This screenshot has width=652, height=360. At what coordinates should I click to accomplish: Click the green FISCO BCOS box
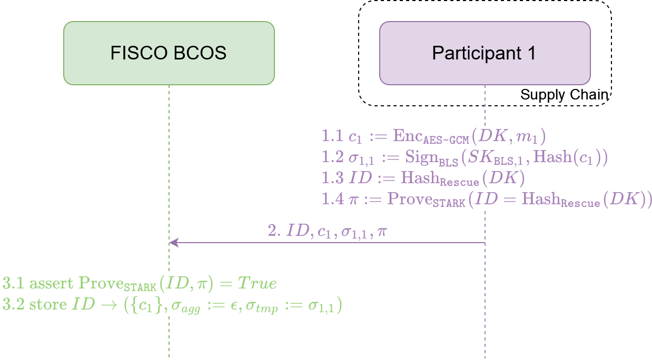pyautogui.click(x=169, y=53)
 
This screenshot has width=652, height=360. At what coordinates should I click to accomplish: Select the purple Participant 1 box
pyautogui.click(x=485, y=53)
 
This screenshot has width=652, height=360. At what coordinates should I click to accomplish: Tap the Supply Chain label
pyautogui.click(x=564, y=95)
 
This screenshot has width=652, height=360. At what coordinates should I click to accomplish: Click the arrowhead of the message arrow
pyautogui.click(x=173, y=243)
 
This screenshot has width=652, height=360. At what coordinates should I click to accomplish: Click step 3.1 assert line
pyautogui.click(x=140, y=284)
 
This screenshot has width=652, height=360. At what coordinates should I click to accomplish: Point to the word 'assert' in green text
pyautogui.click(x=51, y=284)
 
